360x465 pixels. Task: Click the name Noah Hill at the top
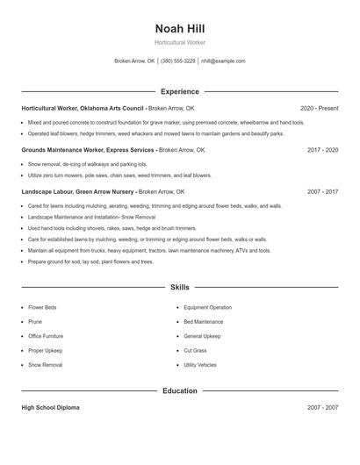pyautogui.click(x=179, y=28)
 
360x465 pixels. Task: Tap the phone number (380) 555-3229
pyautogui.click(x=177, y=61)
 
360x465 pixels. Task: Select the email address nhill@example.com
pyautogui.click(x=224, y=61)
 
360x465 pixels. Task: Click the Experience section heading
pyautogui.click(x=179, y=91)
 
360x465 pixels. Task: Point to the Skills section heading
pyautogui.click(x=179, y=287)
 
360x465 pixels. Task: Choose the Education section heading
pyautogui.click(x=179, y=390)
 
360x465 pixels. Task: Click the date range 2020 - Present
pyautogui.click(x=319, y=108)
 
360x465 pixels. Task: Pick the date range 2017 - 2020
pyautogui.click(x=322, y=150)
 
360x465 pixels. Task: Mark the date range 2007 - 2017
pyautogui.click(x=322, y=191)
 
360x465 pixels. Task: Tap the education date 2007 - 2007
pyautogui.click(x=322, y=408)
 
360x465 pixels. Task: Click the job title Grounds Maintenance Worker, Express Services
pyautogui.click(x=88, y=150)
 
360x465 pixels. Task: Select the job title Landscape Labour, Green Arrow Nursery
pyautogui.click(x=78, y=191)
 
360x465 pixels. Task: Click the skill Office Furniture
pyautogui.click(x=46, y=336)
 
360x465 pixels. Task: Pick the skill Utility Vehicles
pyautogui.click(x=200, y=364)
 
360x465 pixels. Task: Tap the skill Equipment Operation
pyautogui.click(x=208, y=308)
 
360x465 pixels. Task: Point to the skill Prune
pyautogui.click(x=35, y=322)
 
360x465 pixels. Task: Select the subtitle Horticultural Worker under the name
pyautogui.click(x=179, y=42)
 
